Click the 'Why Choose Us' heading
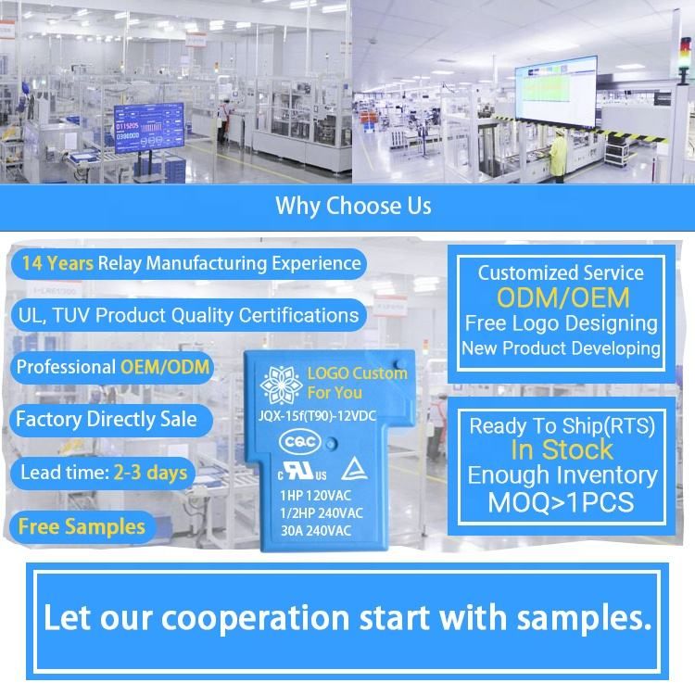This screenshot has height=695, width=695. click(x=353, y=206)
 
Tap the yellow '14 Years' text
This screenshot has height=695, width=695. click(x=57, y=263)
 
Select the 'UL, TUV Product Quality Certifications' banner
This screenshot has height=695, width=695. click(x=188, y=316)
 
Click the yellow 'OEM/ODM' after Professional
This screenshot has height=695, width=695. click(x=165, y=367)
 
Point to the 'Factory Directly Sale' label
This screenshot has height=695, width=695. click(x=107, y=419)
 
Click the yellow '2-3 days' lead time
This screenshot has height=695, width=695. click(x=150, y=473)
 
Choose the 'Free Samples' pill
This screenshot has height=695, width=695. click(x=82, y=527)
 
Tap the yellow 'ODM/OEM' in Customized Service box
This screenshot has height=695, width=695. click(x=562, y=297)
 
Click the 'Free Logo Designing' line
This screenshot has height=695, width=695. click(x=562, y=323)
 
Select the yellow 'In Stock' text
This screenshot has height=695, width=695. click(x=562, y=449)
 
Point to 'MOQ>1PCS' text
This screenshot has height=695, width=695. click(x=562, y=502)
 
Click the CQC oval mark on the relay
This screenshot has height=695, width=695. click(x=300, y=442)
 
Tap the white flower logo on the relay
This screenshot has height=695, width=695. click(x=281, y=385)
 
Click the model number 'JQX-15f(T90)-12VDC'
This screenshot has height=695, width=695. click(x=317, y=416)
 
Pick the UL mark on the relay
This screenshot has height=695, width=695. click(x=302, y=471)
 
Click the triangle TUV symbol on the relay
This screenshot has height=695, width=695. click(x=354, y=469)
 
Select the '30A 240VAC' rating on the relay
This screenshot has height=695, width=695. click(x=316, y=531)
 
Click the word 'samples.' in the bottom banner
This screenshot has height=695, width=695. click(x=585, y=618)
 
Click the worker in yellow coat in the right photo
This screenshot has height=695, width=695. click(x=558, y=158)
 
